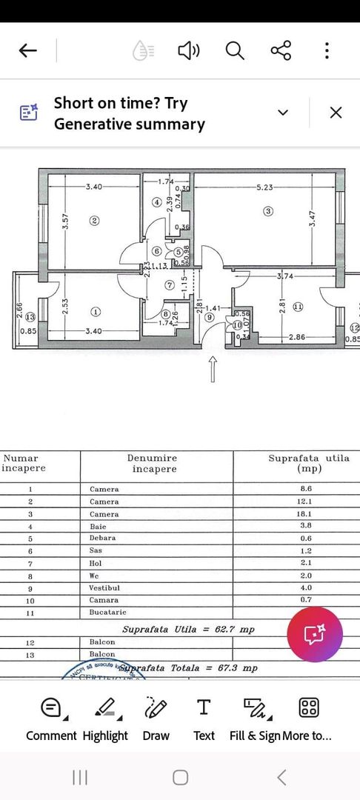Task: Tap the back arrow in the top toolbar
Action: (x=27, y=50)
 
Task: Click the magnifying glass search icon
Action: (x=235, y=50)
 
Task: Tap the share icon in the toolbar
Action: (x=281, y=50)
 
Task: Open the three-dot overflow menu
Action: (x=327, y=50)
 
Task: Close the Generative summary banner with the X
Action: (x=336, y=113)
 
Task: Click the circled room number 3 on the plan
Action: (x=268, y=211)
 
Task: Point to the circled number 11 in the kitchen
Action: (x=298, y=306)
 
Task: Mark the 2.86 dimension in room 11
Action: (x=297, y=337)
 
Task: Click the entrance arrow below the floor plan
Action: (x=213, y=368)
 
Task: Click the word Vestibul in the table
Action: (x=107, y=587)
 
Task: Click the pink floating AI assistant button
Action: (x=315, y=635)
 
